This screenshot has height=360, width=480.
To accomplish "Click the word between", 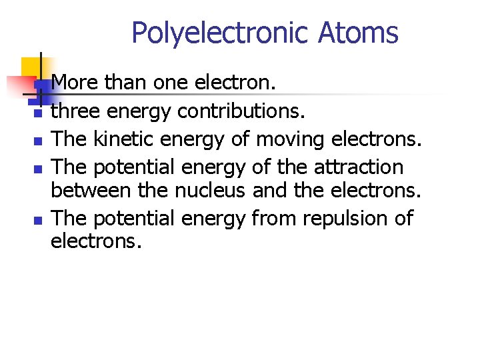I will pos(91,191).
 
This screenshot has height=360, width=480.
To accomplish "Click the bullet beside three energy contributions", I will pos(38,114).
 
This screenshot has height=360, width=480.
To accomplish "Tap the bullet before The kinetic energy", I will pos(38,141).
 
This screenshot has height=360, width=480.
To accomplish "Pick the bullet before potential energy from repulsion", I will pos(38,220).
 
